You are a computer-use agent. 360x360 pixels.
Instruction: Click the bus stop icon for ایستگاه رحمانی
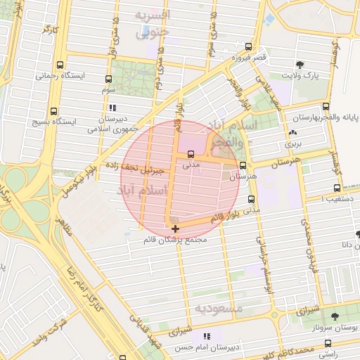tap(61, 64)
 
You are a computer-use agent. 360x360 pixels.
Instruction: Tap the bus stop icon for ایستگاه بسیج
tap(54, 110)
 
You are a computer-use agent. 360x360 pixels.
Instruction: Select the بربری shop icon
tap(292, 132)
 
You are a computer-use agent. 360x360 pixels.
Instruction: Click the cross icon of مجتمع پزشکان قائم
tap(175, 229)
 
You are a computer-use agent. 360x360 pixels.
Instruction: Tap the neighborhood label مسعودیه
tap(219, 309)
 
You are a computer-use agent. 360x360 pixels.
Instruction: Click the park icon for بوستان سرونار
tap(334, 316)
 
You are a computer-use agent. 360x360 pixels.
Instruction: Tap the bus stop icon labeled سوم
tap(108, 79)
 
